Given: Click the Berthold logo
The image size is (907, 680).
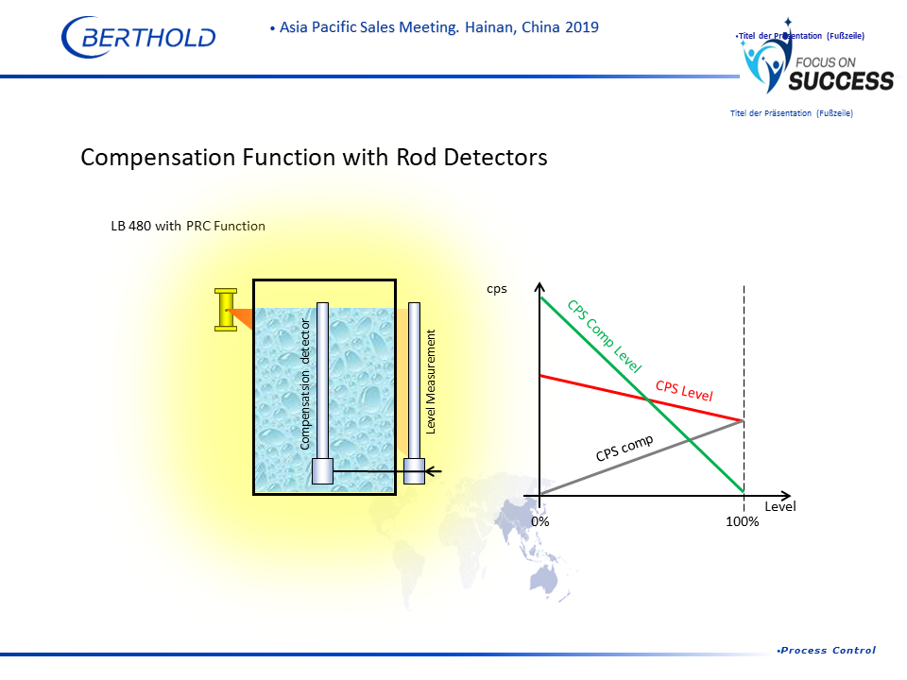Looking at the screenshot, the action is point(138,37).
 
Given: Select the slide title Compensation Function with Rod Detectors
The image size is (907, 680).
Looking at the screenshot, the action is point(314,158).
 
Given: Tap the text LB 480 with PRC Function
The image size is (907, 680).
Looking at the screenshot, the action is point(188,226).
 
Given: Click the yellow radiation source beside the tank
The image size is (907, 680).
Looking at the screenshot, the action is point(226,310).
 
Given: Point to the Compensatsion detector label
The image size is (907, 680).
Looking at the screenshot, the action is point(305,384).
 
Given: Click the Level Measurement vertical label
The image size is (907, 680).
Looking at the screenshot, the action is point(431,382).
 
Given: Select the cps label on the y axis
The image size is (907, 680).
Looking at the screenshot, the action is point(497,289).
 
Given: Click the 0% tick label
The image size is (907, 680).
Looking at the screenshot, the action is point(540,521).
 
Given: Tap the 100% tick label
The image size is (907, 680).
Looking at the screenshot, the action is point(743,521).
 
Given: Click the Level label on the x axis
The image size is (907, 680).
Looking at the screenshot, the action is point(780,506).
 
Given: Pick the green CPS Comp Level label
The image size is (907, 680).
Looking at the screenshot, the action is point(605,336).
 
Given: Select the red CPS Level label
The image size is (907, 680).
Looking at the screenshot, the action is point(684,390).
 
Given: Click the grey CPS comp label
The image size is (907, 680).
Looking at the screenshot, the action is point(625,448).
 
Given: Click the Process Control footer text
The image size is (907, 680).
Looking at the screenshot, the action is point(828,651).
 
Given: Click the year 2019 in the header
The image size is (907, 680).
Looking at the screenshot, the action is point(582,27).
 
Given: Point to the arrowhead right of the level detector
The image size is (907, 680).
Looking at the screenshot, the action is point(434,472).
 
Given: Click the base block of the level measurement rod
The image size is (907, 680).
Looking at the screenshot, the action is point(414,471).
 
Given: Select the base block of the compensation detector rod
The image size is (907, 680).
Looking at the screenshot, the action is point(323,471).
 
